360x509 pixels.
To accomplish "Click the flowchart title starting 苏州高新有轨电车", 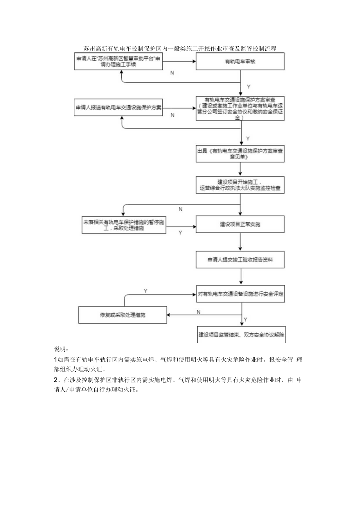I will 180,49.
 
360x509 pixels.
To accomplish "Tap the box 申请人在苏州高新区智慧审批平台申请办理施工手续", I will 119,62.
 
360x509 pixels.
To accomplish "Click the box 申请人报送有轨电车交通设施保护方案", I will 119,107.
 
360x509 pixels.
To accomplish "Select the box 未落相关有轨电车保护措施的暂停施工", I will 124,225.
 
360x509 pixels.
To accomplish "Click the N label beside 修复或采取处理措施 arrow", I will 198,312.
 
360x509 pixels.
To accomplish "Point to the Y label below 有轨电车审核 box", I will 248,86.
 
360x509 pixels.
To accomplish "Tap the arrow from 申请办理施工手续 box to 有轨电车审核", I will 179,61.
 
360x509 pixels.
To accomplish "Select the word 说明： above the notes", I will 61,349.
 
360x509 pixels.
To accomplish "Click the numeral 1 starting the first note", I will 55,360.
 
